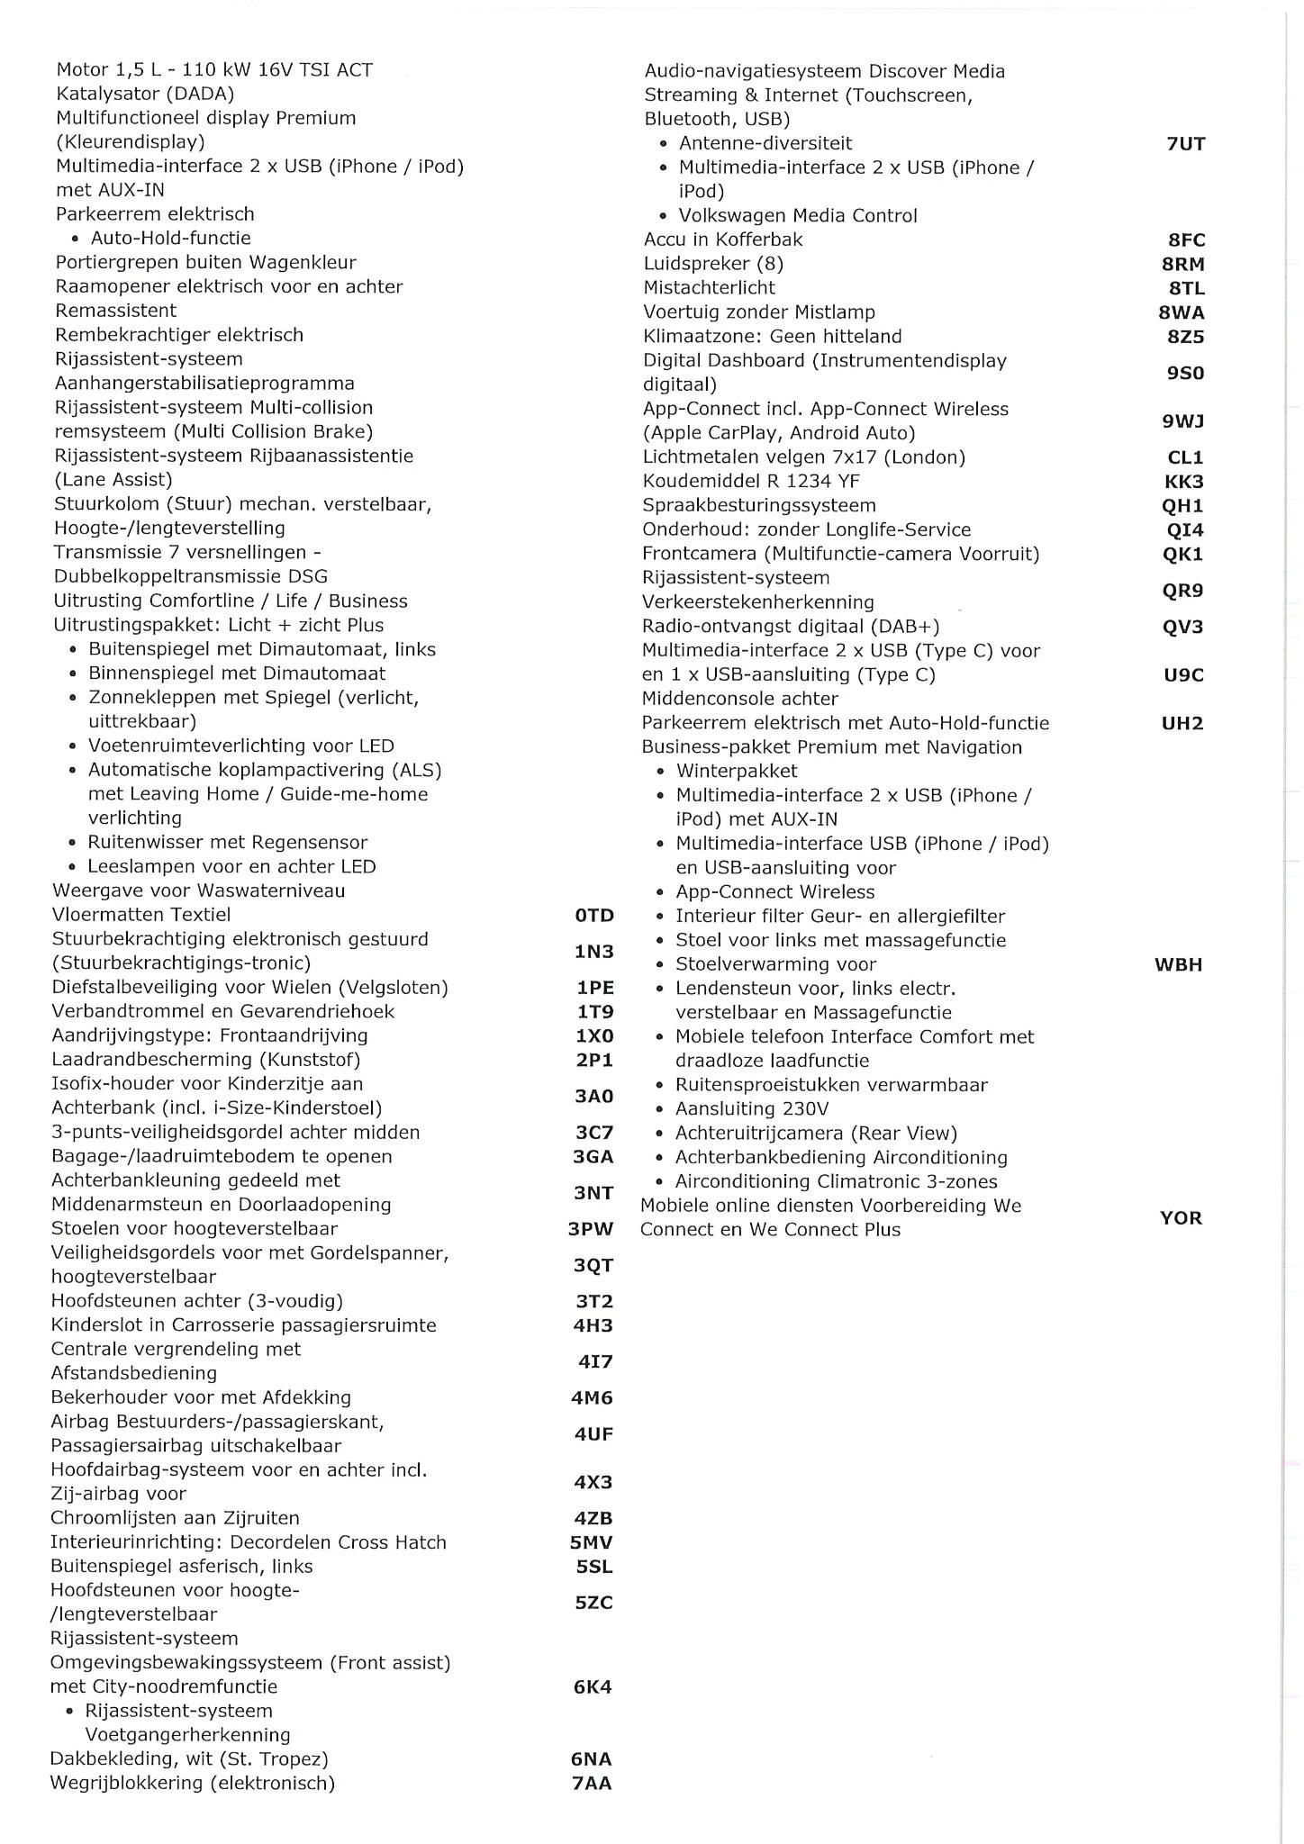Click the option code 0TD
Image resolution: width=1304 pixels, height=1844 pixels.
pyautogui.click(x=594, y=916)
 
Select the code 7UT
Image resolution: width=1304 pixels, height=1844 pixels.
pyautogui.click(x=1185, y=144)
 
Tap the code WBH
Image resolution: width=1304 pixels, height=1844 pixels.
pyautogui.click(x=1178, y=965)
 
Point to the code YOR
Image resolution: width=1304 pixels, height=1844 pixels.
pyautogui.click(x=1181, y=1218)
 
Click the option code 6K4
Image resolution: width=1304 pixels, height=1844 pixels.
pyautogui.click(x=593, y=1687)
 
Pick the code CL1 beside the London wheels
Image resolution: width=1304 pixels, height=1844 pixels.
pyautogui.click(x=1185, y=457)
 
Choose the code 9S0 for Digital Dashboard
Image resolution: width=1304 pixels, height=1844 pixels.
pyautogui.click(x=1185, y=373)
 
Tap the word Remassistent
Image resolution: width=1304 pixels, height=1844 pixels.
pyautogui.click(x=116, y=311)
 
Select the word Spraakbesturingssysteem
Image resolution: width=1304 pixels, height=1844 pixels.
pyautogui.click(x=759, y=506)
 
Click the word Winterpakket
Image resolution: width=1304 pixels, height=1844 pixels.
pyautogui.click(x=737, y=772)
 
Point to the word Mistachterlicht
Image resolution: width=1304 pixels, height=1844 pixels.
pyautogui.click(x=710, y=288)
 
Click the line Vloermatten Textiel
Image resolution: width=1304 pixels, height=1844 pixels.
pyautogui.click(x=141, y=915)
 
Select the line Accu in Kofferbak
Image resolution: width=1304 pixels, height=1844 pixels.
pyautogui.click(x=723, y=240)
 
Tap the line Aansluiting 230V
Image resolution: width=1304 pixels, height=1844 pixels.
pyautogui.click(x=752, y=1109)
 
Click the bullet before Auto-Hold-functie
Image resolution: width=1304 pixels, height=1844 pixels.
pyautogui.click(x=75, y=240)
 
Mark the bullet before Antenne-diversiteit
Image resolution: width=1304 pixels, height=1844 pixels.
pyautogui.click(x=663, y=144)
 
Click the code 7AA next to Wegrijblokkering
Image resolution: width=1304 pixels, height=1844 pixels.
pyautogui.click(x=592, y=1784)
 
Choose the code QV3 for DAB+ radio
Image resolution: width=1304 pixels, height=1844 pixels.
pyautogui.click(x=1182, y=627)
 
